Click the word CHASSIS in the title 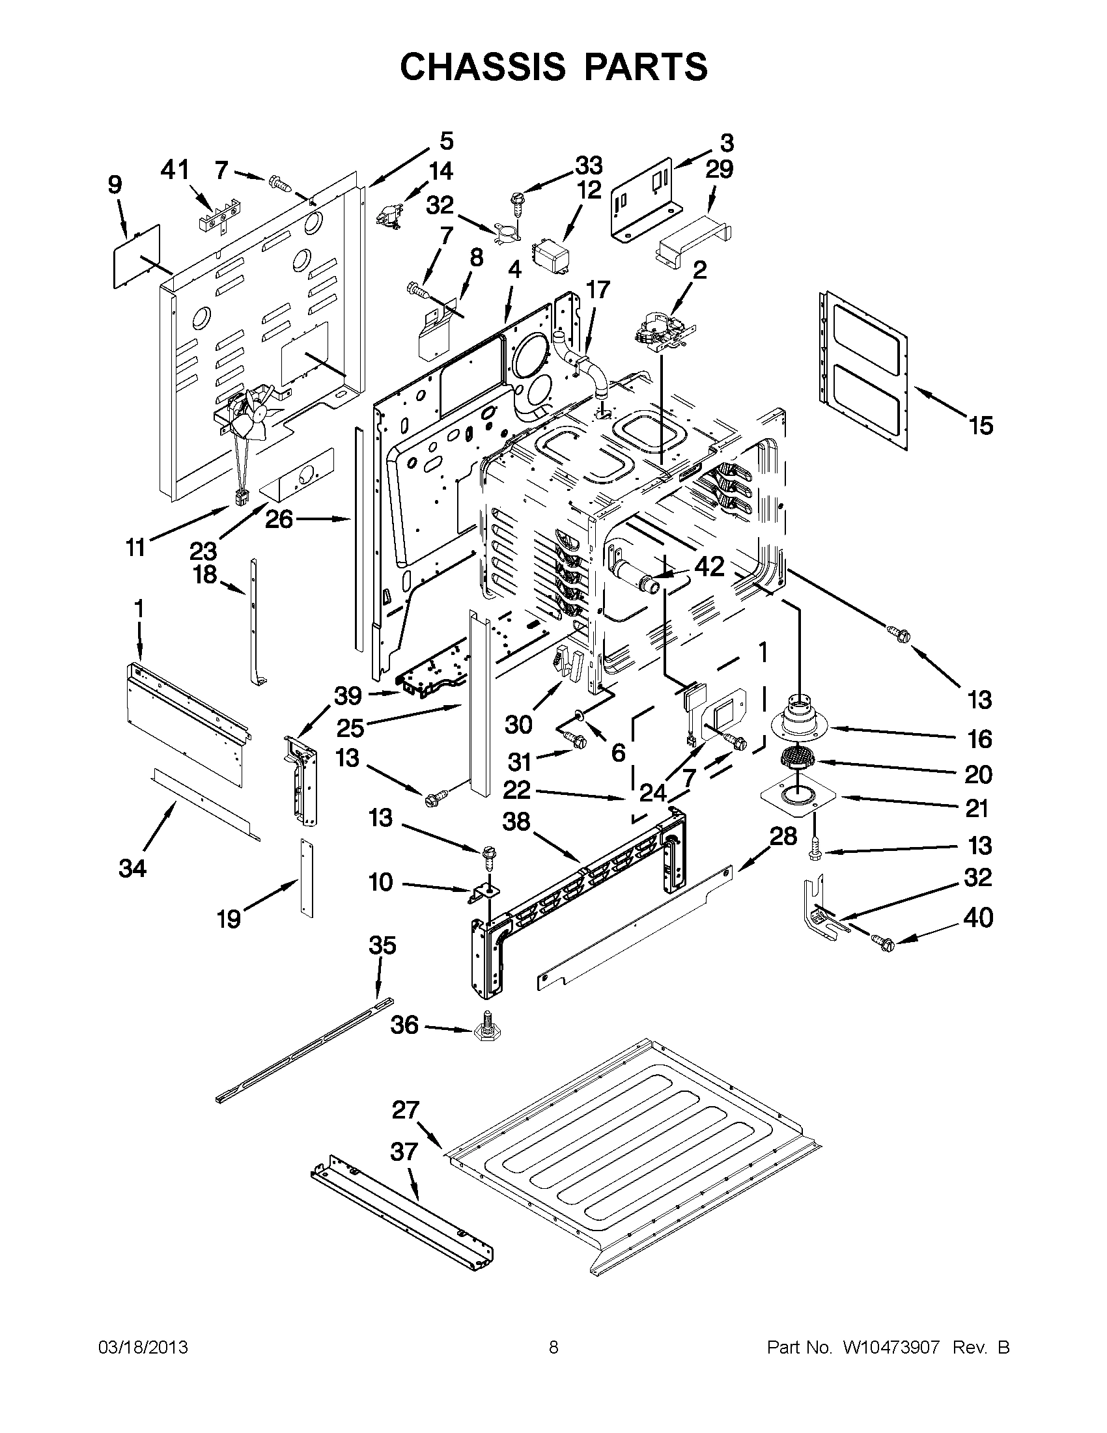tap(482, 67)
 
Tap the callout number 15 tap(981, 426)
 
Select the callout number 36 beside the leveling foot tap(404, 1025)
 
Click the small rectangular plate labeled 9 tap(135, 256)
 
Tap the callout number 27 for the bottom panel tap(405, 1110)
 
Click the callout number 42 tap(708, 566)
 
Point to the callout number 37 tap(404, 1152)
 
